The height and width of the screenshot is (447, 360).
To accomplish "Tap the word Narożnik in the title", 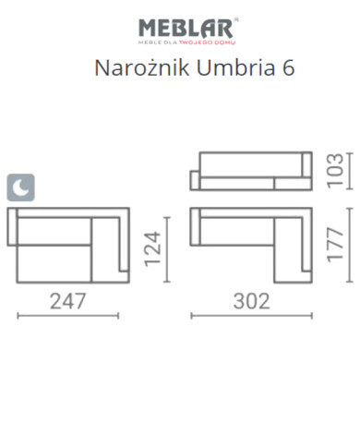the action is pos(142,67).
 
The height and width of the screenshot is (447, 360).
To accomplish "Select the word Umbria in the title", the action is pos(235,67).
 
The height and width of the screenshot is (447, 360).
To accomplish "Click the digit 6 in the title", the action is pos(288,68).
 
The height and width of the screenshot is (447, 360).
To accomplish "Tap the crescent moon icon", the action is pos(20,187).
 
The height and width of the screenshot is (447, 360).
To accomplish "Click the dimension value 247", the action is pos(67,301).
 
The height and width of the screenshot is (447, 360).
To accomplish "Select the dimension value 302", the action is pos(252,301).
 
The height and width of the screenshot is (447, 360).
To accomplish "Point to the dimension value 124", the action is pos(152,249).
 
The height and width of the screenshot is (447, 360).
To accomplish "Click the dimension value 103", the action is pos(335,171).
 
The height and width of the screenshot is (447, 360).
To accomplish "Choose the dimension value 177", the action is pos(335,245).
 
